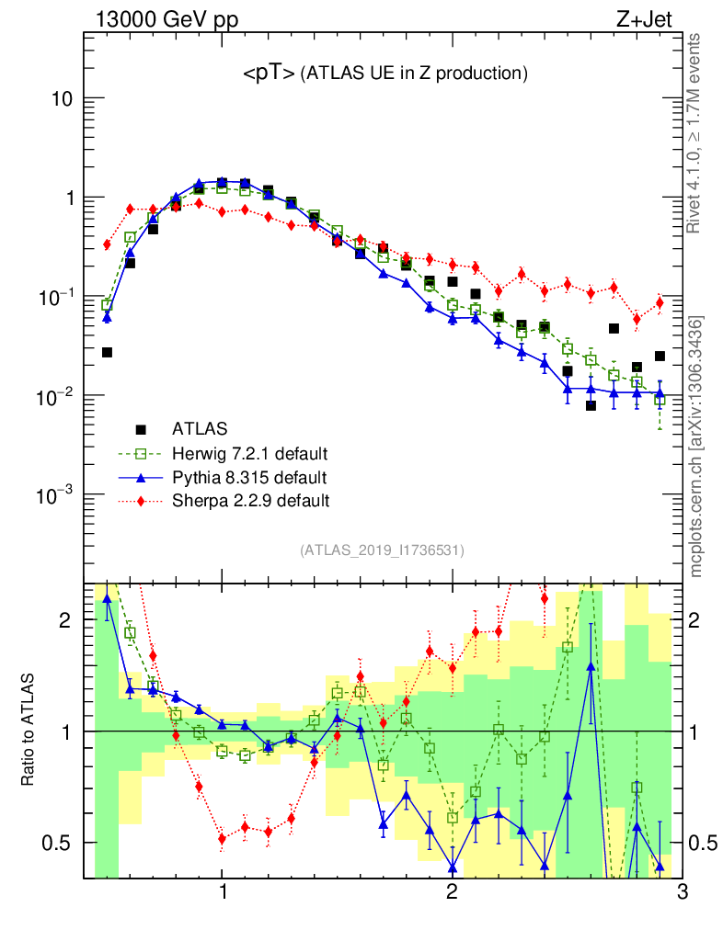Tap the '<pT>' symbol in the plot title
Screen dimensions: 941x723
pyautogui.click(x=269, y=74)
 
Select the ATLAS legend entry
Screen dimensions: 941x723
pyautogui.click(x=197, y=428)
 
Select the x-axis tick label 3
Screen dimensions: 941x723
pyautogui.click(x=681, y=890)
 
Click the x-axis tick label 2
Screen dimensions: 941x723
pyautogui.click(x=452, y=890)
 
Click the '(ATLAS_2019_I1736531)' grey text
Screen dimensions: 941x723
pyautogui.click(x=382, y=550)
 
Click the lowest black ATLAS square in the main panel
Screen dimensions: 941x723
pyautogui.click(x=591, y=405)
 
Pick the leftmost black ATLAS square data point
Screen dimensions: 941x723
pyautogui.click(x=107, y=352)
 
